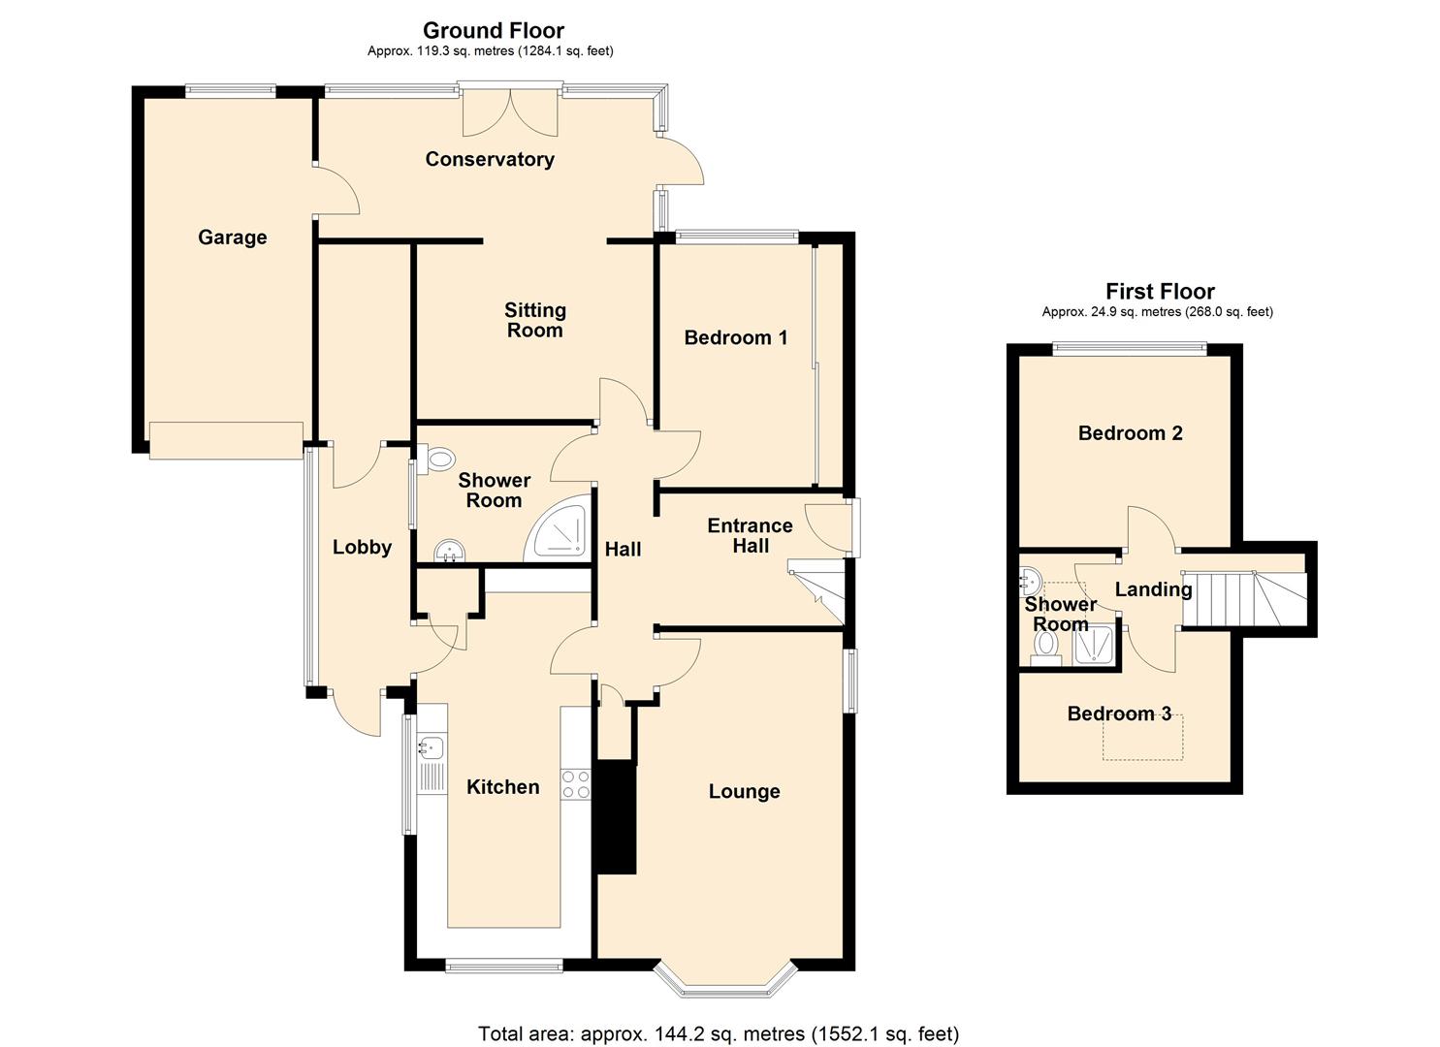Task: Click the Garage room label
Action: (x=232, y=238)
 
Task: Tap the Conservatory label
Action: (x=490, y=159)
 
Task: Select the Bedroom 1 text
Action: (x=735, y=337)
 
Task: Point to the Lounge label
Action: (x=745, y=791)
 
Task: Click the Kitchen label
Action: (x=502, y=786)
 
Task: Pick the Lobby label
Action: (x=362, y=547)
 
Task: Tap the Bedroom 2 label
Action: (x=1130, y=433)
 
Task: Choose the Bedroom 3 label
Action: (x=1119, y=714)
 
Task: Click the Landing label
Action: (x=1153, y=589)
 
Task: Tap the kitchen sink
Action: (x=432, y=747)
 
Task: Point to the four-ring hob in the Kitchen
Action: (x=575, y=785)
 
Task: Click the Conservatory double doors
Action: (x=510, y=111)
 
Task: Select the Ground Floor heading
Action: (x=493, y=30)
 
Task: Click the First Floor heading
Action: (x=1160, y=291)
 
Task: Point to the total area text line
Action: (x=719, y=1033)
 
